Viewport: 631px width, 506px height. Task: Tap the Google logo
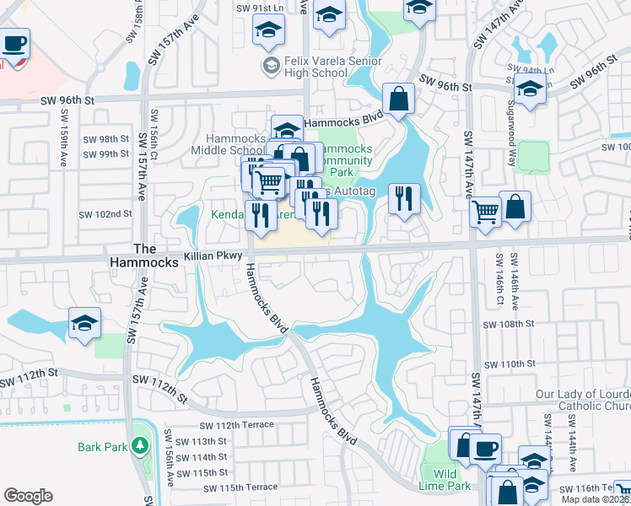[28, 496]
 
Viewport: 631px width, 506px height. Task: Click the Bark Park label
[102, 447]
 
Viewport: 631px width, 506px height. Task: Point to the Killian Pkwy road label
[213, 255]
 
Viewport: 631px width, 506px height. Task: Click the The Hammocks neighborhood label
[145, 256]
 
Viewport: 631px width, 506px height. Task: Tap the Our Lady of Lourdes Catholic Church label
[583, 400]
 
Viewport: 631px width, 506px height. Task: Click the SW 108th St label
[510, 324]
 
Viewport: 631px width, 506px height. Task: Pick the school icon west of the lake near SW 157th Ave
[84, 324]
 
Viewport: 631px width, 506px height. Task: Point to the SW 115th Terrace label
[237, 487]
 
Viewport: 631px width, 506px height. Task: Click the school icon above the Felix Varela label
[268, 30]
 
